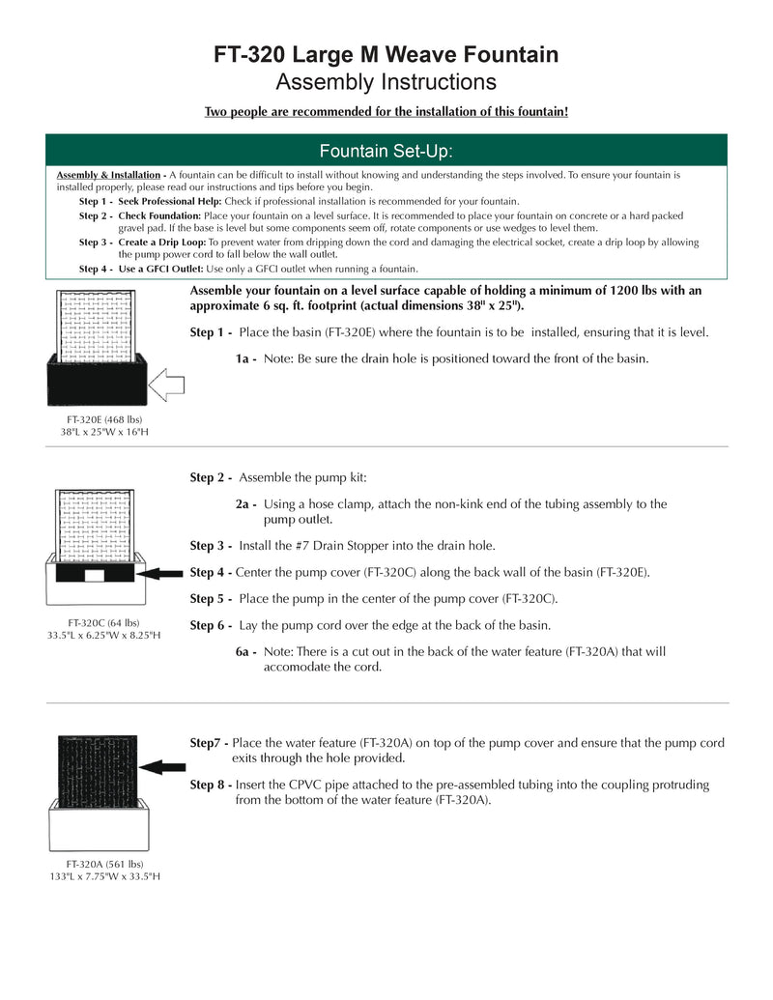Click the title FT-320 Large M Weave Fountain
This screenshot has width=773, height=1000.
tap(386, 55)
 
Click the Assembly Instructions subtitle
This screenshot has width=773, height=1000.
tap(386, 81)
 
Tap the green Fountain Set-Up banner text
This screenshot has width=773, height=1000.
tap(386, 152)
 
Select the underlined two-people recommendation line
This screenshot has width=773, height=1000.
tap(386, 112)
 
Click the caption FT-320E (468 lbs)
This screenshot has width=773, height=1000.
tap(104, 420)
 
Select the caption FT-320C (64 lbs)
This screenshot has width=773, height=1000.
tap(103, 623)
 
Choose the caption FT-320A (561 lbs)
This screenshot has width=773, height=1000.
tap(104, 864)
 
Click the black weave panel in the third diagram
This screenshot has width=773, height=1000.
tap(97, 768)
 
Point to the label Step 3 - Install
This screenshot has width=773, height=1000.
tap(212, 546)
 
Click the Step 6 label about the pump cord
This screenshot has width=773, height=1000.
tap(212, 625)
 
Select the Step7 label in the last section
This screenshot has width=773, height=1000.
tap(210, 743)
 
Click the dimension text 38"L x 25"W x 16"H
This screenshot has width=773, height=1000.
tap(104, 432)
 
